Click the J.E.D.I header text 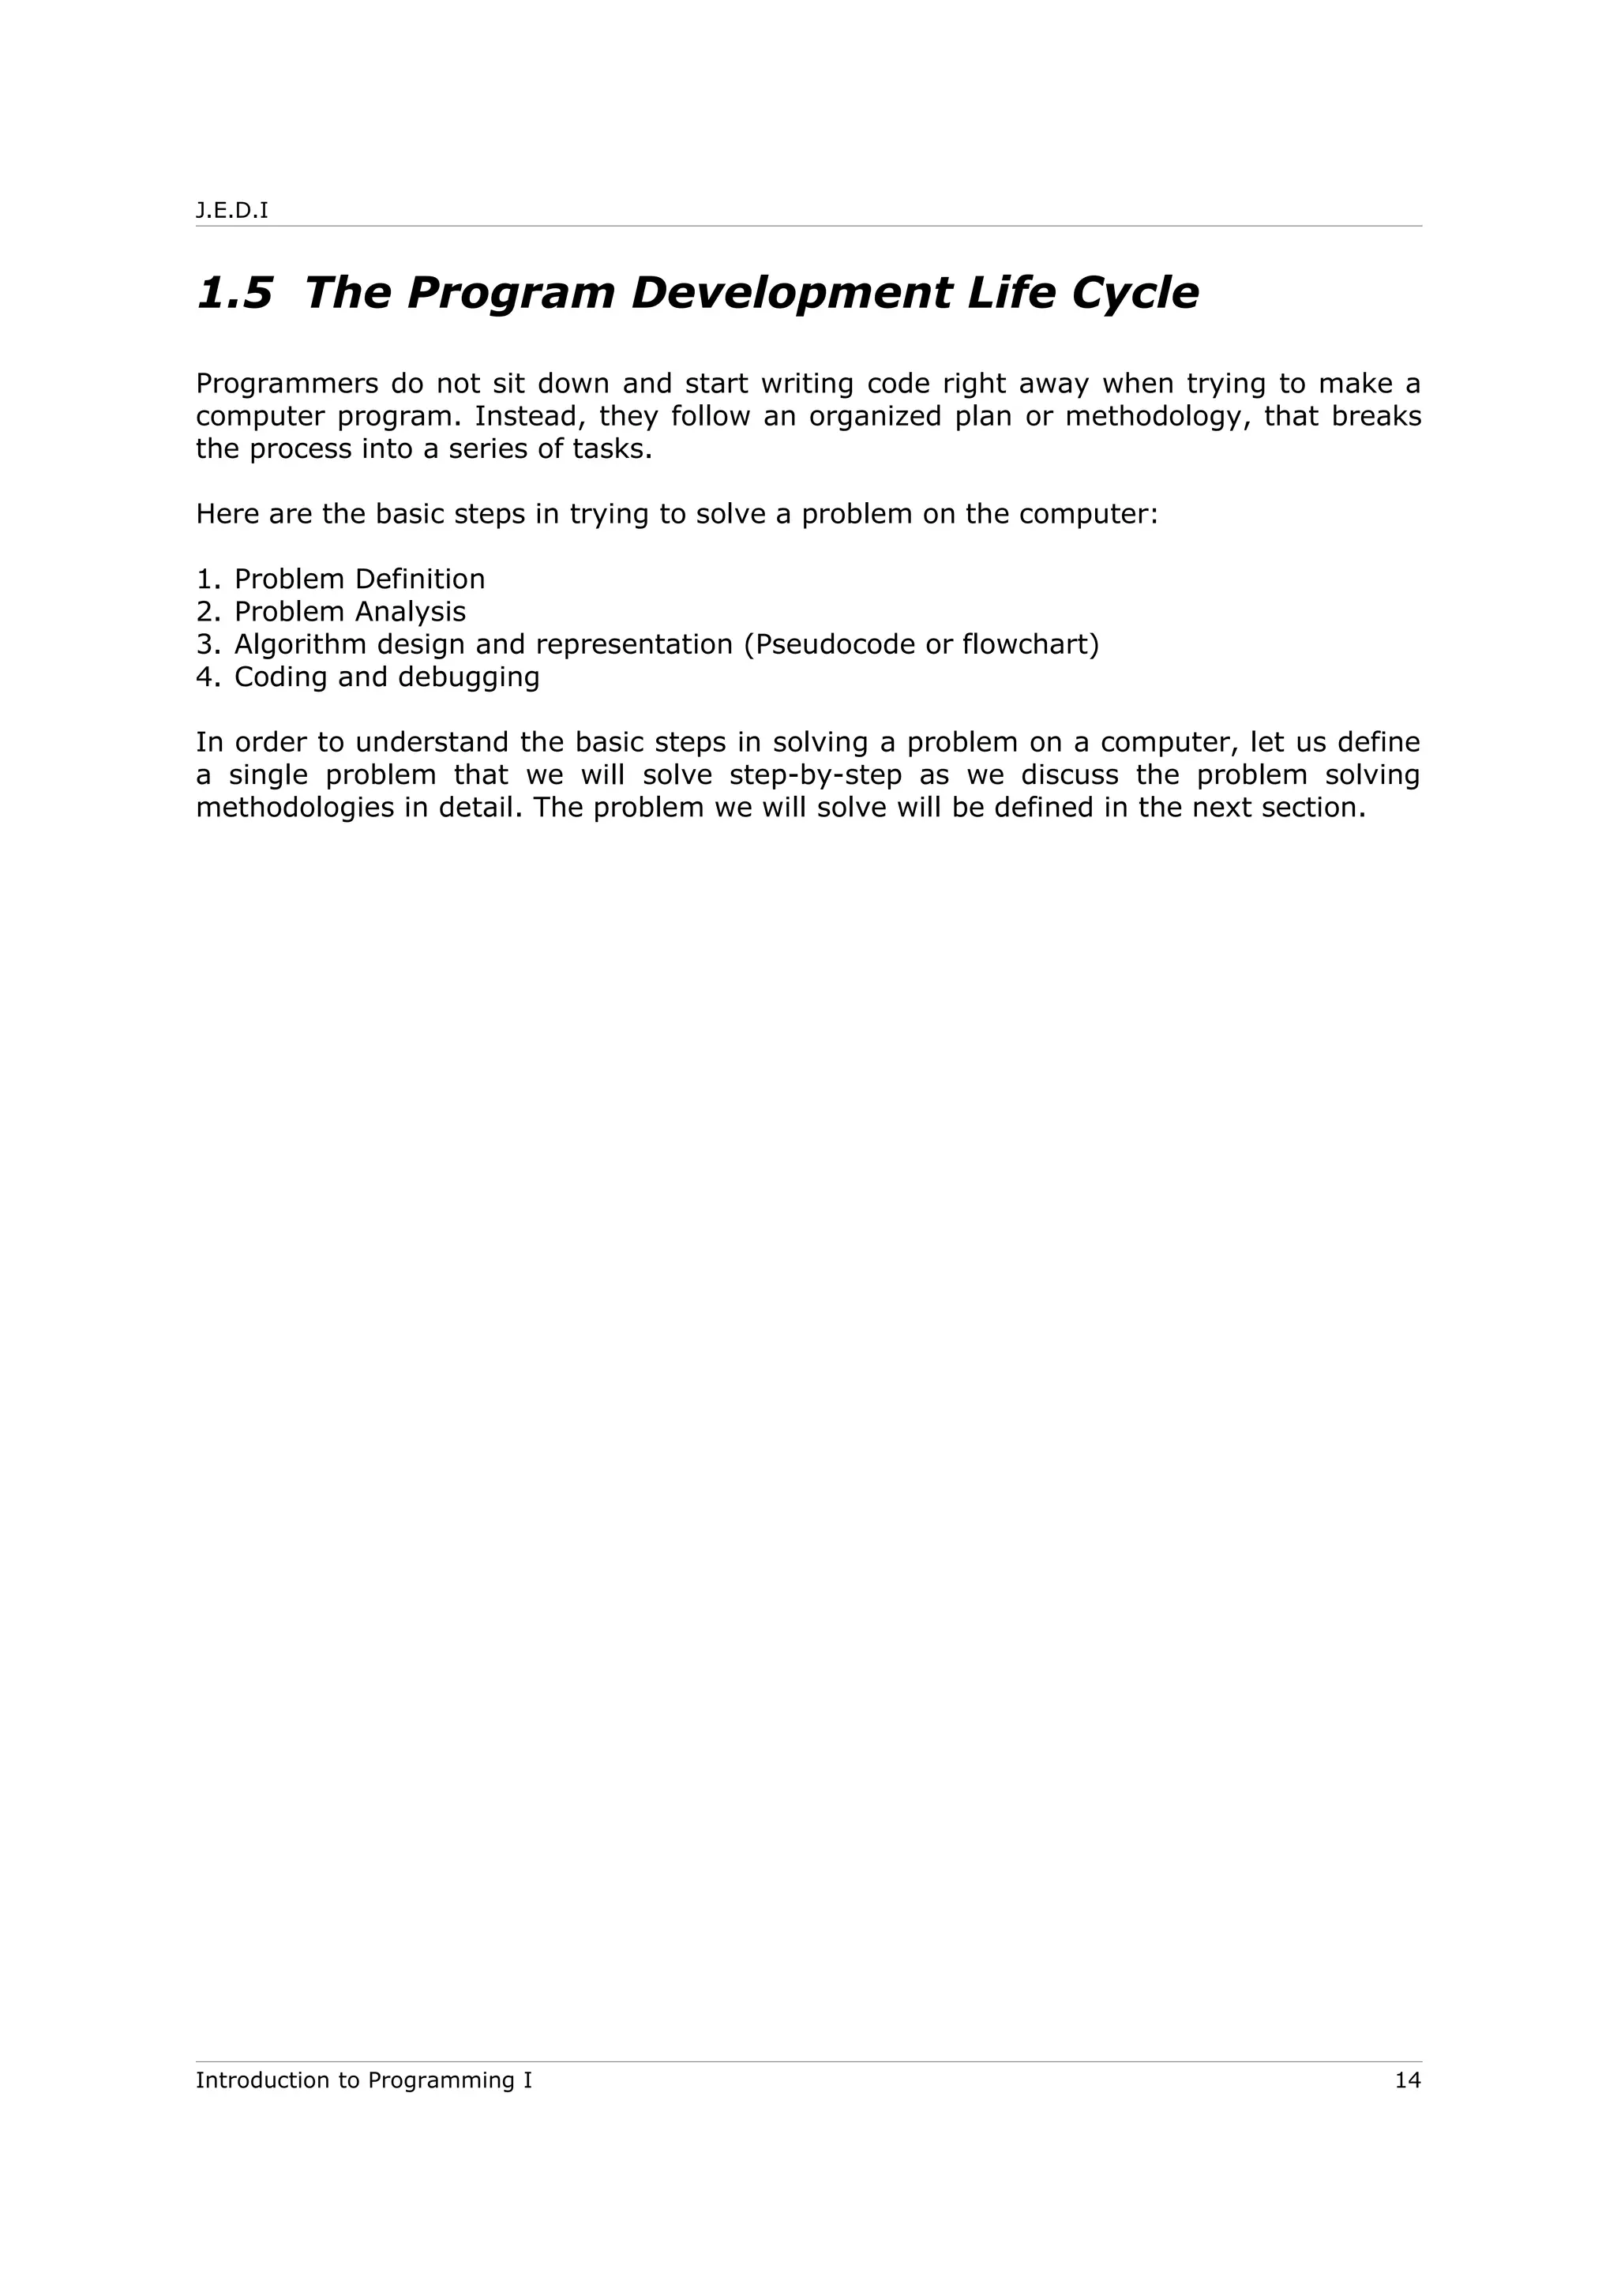[x=232, y=212]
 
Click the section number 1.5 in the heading [x=234, y=293]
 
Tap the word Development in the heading [x=791, y=293]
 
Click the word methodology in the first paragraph [x=1157, y=417]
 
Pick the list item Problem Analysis [x=350, y=612]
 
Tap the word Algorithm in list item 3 [x=300, y=645]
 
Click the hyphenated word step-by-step [x=815, y=775]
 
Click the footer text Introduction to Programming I [x=364, y=2080]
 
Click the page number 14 [x=1407, y=2080]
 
